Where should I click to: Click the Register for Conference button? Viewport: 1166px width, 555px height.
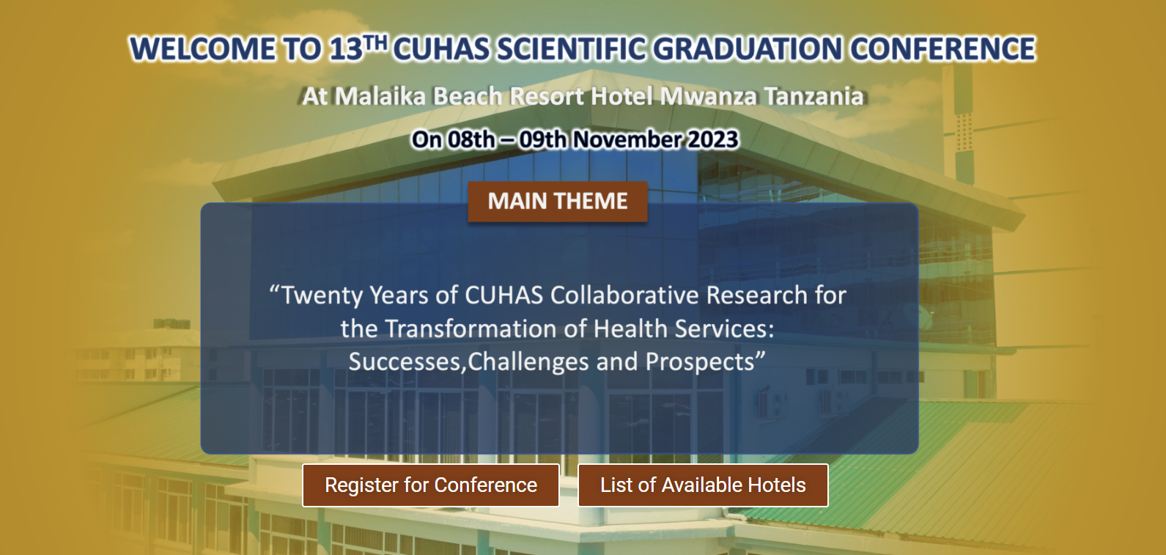430,485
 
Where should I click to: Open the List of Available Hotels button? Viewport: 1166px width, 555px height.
703,485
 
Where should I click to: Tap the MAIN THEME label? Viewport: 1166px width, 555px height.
558,202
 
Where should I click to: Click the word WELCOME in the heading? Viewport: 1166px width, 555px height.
202,49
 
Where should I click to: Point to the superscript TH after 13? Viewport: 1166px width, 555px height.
375,43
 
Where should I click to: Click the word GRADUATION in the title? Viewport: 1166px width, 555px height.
747,49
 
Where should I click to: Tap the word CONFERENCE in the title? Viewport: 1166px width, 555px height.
942,49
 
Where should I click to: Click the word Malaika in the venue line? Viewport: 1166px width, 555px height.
380,96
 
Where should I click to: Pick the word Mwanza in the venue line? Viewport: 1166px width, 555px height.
708,96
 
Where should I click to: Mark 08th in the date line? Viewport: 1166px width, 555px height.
471,139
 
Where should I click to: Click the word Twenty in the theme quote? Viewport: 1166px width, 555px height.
322,295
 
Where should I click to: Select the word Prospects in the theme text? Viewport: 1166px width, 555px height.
700,362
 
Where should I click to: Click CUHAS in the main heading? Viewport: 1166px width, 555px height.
441,49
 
